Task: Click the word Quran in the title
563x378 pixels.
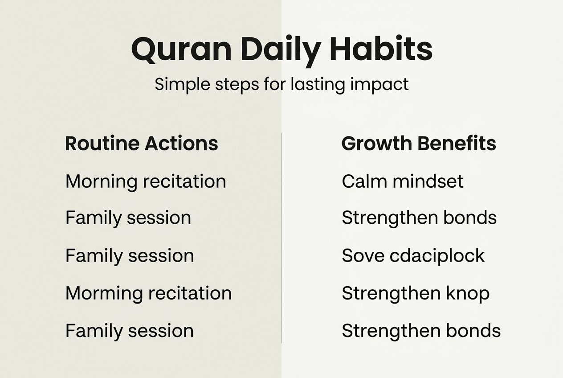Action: pyautogui.click(x=181, y=49)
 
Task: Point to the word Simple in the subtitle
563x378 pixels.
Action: pyautogui.click(x=182, y=85)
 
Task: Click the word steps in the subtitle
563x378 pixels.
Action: pyautogui.click(x=237, y=85)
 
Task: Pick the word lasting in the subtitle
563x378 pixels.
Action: pyautogui.click(x=318, y=85)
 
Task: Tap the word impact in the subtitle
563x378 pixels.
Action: pyautogui.click(x=379, y=85)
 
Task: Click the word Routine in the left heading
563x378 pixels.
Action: pyautogui.click(x=102, y=144)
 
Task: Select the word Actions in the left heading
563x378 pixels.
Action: pyautogui.click(x=181, y=144)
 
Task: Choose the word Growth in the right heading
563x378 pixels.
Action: pyautogui.click(x=377, y=144)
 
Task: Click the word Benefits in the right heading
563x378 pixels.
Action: pyautogui.click(x=457, y=144)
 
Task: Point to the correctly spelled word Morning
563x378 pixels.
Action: pyautogui.click(x=101, y=182)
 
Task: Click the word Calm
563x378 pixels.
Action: pyautogui.click(x=364, y=181)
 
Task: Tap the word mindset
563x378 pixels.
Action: pyautogui.click(x=428, y=181)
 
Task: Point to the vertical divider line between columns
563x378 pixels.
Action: pyautogui.click(x=281, y=238)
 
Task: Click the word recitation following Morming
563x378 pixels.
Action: pyautogui.click(x=190, y=293)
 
